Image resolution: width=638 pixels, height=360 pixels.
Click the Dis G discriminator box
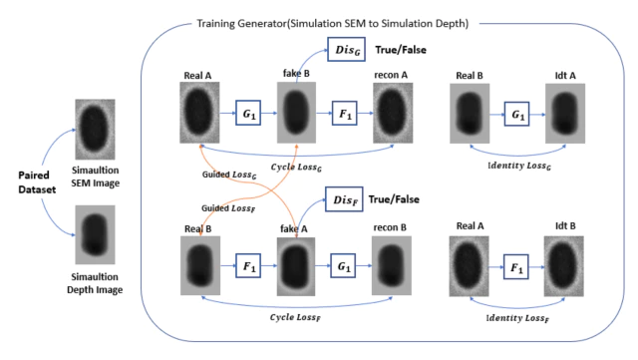tap(346, 49)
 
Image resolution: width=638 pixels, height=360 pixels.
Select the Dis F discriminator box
tap(344, 199)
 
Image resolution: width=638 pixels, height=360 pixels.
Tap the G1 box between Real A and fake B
tap(248, 113)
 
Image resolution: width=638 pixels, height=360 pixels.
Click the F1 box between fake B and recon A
tap(345, 113)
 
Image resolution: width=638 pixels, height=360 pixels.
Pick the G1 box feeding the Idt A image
tap(516, 114)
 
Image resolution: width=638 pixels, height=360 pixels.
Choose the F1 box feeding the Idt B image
tap(516, 266)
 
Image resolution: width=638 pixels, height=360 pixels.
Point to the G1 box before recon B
tap(343, 266)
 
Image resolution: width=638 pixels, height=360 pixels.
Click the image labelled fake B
tap(296, 113)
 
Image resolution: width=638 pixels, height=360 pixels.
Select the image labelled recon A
tap(393, 113)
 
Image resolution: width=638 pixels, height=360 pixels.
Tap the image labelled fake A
tap(296, 266)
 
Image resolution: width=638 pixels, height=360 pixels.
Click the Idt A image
tap(565, 114)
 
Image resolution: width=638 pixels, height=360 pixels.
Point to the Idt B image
tap(564, 266)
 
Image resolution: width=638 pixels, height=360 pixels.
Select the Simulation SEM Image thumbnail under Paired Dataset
tap(95, 129)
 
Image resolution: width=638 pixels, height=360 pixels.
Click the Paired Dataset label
tap(37, 182)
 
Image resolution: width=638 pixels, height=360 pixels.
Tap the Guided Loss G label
tap(229, 175)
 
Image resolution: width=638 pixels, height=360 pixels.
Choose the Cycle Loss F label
tap(295, 317)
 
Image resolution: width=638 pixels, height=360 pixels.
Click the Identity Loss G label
tap(519, 166)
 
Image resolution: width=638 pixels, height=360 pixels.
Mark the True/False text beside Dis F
tap(394, 199)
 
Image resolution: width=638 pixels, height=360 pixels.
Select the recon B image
tap(392, 265)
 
